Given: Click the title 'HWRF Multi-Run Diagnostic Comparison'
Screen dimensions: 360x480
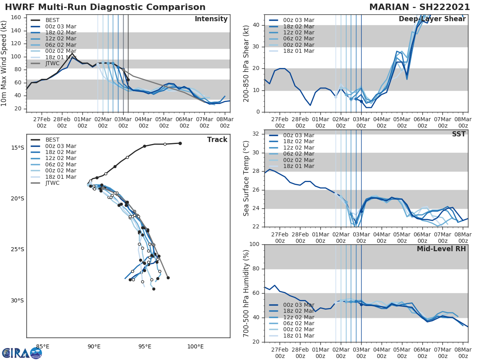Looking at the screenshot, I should pyautogui.click(x=105, y=7).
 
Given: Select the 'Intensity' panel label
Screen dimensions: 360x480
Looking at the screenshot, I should pyautogui.click(x=211, y=19).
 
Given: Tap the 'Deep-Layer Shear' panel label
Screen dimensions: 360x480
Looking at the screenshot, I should pyautogui.click(x=432, y=19).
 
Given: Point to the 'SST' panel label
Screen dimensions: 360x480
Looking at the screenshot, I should pyautogui.click(x=458, y=134).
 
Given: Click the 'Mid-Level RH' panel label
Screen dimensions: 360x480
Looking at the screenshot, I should pyautogui.click(x=441, y=249).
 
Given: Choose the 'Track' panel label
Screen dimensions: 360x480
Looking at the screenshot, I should pyautogui.click(x=217, y=140).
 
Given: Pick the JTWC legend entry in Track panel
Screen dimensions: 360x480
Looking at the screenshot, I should pyautogui.click(x=52, y=183).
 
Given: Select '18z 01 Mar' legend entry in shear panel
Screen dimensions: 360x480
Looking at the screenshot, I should pyautogui.click(x=298, y=51).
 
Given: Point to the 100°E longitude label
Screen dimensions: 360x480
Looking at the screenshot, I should pyautogui.click(x=195, y=346).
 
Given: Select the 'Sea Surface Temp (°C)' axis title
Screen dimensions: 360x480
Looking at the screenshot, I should pyautogui.click(x=246, y=178).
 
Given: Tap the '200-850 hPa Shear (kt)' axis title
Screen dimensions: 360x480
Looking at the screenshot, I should pyautogui.click(x=246, y=64).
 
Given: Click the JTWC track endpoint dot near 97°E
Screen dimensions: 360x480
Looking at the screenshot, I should pyautogui.click(x=168, y=278).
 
